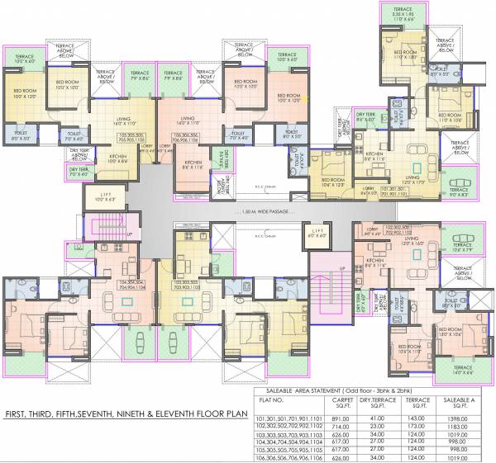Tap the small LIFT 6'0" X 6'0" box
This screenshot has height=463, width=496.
pos(316,234)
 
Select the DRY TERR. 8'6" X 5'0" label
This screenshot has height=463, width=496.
pos(365,117)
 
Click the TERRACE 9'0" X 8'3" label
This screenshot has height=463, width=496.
pos(460,193)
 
